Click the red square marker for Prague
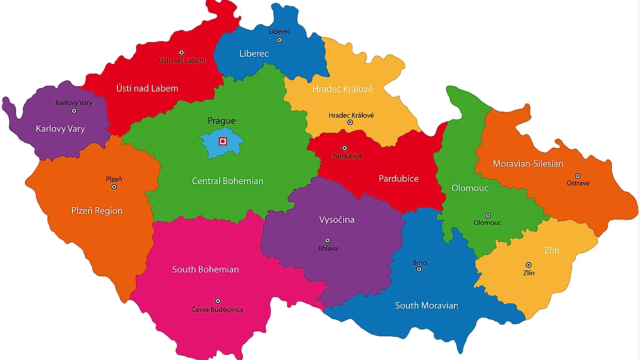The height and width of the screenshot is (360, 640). [223, 141]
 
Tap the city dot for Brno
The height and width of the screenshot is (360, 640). [419, 269]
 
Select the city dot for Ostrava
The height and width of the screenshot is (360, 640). [577, 176]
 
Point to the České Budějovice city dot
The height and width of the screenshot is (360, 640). [218, 301]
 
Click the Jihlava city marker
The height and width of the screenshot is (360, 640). [328, 240]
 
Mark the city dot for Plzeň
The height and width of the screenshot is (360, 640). [114, 187]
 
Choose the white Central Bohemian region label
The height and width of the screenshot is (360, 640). [227, 181]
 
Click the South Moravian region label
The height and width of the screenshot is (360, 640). [426, 305]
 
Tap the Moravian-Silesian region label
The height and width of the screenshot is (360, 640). [528, 164]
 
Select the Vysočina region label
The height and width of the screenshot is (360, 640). [336, 219]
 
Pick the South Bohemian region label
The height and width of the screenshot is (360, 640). [206, 269]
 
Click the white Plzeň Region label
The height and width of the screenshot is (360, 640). [97, 211]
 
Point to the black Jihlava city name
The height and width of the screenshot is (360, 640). [328, 249]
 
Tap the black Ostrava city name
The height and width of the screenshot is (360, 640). [578, 184]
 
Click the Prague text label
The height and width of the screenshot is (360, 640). [222, 121]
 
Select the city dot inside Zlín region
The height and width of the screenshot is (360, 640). [528, 265]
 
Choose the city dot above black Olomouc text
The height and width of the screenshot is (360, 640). [488, 216]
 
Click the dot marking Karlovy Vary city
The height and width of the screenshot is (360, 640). [74, 110]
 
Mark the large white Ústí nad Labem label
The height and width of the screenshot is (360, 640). [147, 88]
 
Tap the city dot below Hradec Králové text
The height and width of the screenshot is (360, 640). [350, 123]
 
